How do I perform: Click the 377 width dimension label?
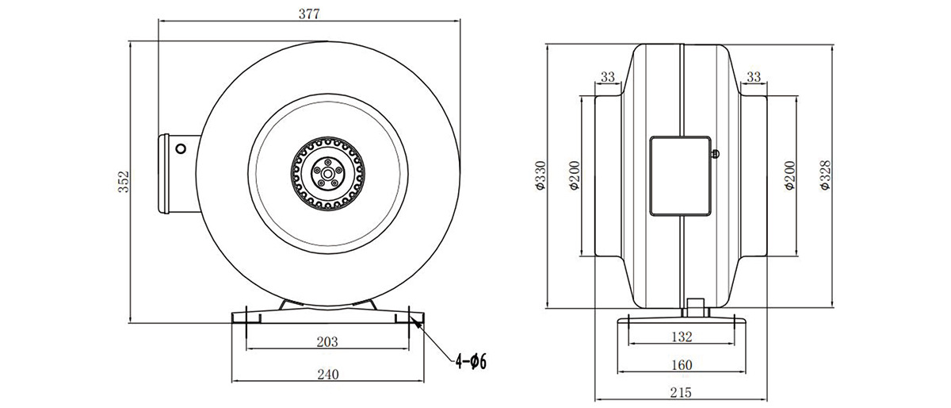pos(308,14)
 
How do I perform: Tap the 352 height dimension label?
pos(124,182)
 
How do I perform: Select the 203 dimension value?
pos(327,341)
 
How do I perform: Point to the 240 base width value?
pos(328,375)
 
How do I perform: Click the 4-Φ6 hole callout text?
pos(471,362)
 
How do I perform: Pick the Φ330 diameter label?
pos(540,175)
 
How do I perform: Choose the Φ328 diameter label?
pos(825,175)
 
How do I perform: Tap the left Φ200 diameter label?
pos(575,175)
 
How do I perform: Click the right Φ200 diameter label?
pos(789,175)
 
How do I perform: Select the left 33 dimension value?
pos(608,77)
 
